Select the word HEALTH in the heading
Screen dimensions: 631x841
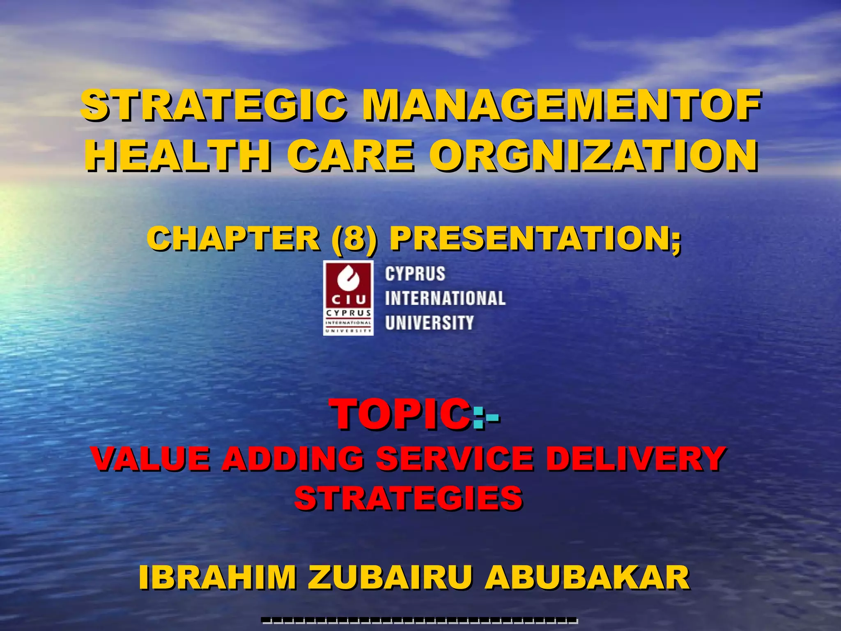[178, 157]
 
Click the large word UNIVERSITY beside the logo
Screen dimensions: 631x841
[429, 323]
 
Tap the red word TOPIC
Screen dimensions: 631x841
[400, 415]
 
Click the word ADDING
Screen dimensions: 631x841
[292, 458]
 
